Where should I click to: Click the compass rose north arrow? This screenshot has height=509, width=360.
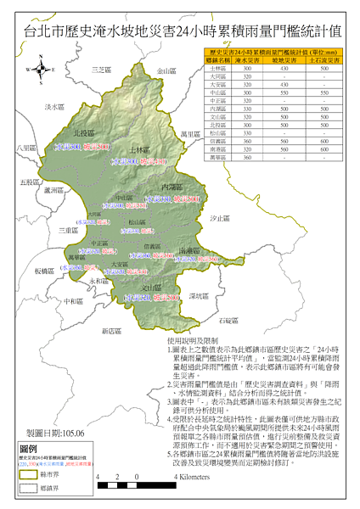[40, 70]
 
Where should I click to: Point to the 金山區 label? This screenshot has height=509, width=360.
[168, 73]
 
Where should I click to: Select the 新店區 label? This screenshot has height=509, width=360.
[113, 330]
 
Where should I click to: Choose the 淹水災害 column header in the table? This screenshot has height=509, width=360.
[247, 61]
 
